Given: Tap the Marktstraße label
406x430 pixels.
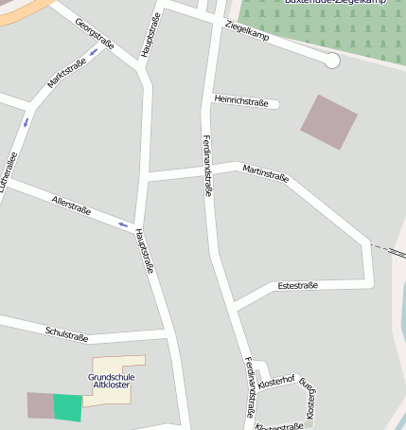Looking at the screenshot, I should (x=66, y=75).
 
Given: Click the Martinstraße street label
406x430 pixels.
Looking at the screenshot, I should (x=266, y=171).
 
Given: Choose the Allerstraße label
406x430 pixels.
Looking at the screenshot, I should (x=72, y=205).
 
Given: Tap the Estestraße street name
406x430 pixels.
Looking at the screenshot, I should (x=297, y=285).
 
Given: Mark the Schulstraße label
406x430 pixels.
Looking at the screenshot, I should (x=66, y=332).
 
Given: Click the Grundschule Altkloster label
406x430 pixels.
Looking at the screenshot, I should (x=112, y=381).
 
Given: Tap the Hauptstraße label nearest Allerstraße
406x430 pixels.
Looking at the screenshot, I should (x=144, y=250).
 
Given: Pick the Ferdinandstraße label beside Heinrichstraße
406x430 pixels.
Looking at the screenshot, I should (x=207, y=165).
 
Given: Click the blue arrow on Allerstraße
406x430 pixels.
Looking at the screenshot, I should (x=123, y=224).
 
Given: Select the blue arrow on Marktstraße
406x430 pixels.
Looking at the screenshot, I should (x=26, y=121).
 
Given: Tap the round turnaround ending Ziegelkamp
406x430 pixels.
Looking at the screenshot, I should (x=331, y=61).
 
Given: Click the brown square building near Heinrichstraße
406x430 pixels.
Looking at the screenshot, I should (x=328, y=121).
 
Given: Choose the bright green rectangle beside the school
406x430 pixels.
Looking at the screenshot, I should (x=67, y=407).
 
